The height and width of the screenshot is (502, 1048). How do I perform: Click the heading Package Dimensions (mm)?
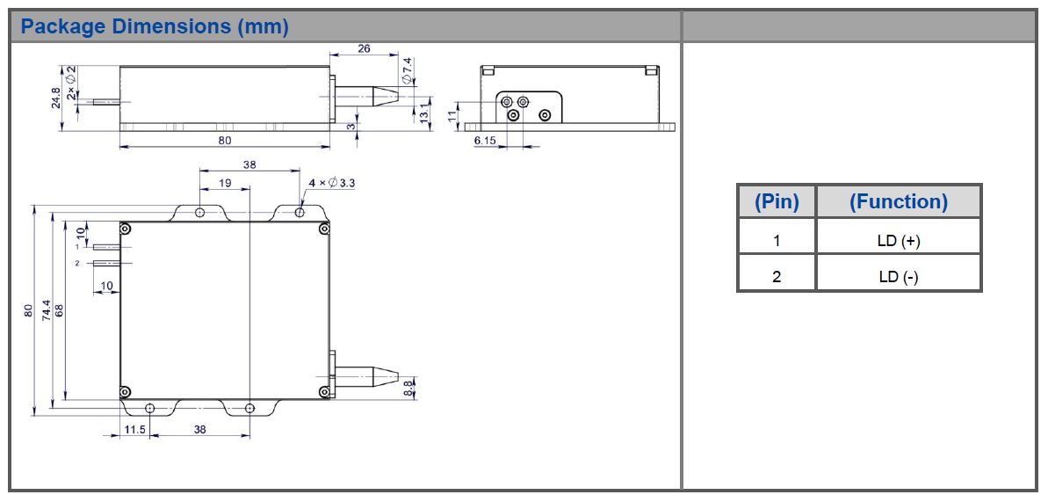[155, 26]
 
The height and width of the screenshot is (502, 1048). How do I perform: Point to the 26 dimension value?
[364, 49]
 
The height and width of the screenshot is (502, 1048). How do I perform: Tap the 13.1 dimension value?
[423, 113]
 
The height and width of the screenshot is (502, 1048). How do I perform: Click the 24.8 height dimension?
[56, 98]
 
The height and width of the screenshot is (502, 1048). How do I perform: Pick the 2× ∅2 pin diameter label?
[72, 80]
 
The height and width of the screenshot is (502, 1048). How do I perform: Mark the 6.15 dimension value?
[485, 141]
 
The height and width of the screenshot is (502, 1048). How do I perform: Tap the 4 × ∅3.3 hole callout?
[332, 183]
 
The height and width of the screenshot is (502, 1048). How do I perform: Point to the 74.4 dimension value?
[45, 310]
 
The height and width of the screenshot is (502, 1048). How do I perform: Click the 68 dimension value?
[60, 310]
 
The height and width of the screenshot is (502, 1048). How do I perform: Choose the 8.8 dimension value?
[408, 388]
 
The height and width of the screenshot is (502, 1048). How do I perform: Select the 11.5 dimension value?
[134, 430]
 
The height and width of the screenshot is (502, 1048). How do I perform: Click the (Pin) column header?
[777, 201]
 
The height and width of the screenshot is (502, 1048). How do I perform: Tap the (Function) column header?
[898, 201]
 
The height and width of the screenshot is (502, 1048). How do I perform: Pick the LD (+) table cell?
[898, 240]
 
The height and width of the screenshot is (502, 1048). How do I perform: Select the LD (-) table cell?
[898, 277]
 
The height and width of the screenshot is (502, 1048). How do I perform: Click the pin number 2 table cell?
[777, 277]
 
